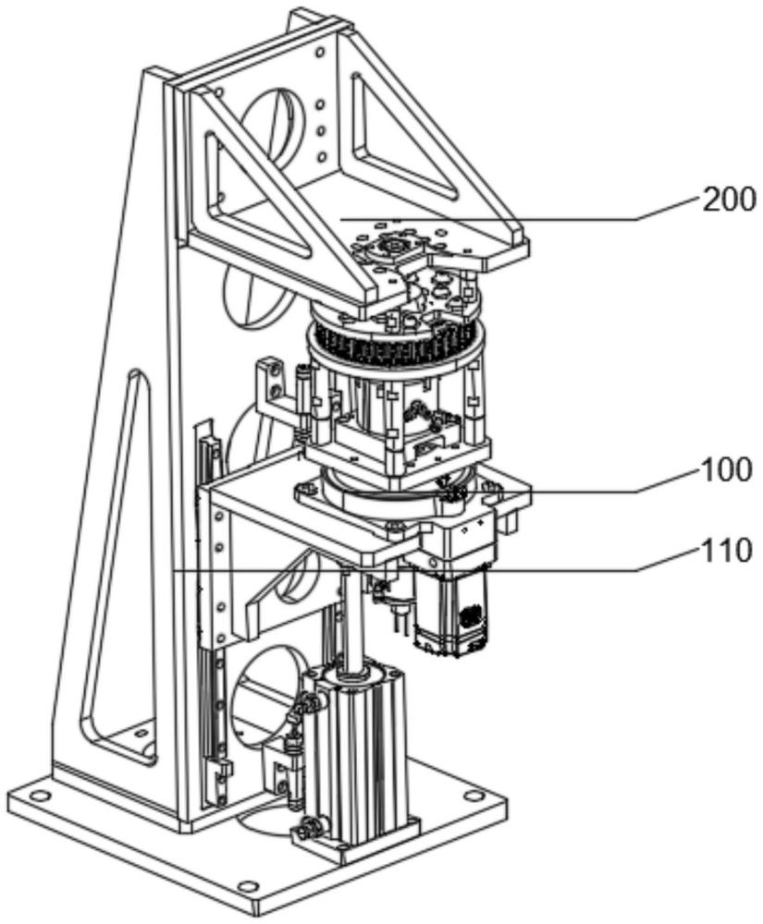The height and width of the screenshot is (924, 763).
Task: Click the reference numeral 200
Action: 728,199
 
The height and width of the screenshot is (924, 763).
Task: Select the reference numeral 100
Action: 728,471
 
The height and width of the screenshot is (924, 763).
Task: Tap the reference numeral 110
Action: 728,553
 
